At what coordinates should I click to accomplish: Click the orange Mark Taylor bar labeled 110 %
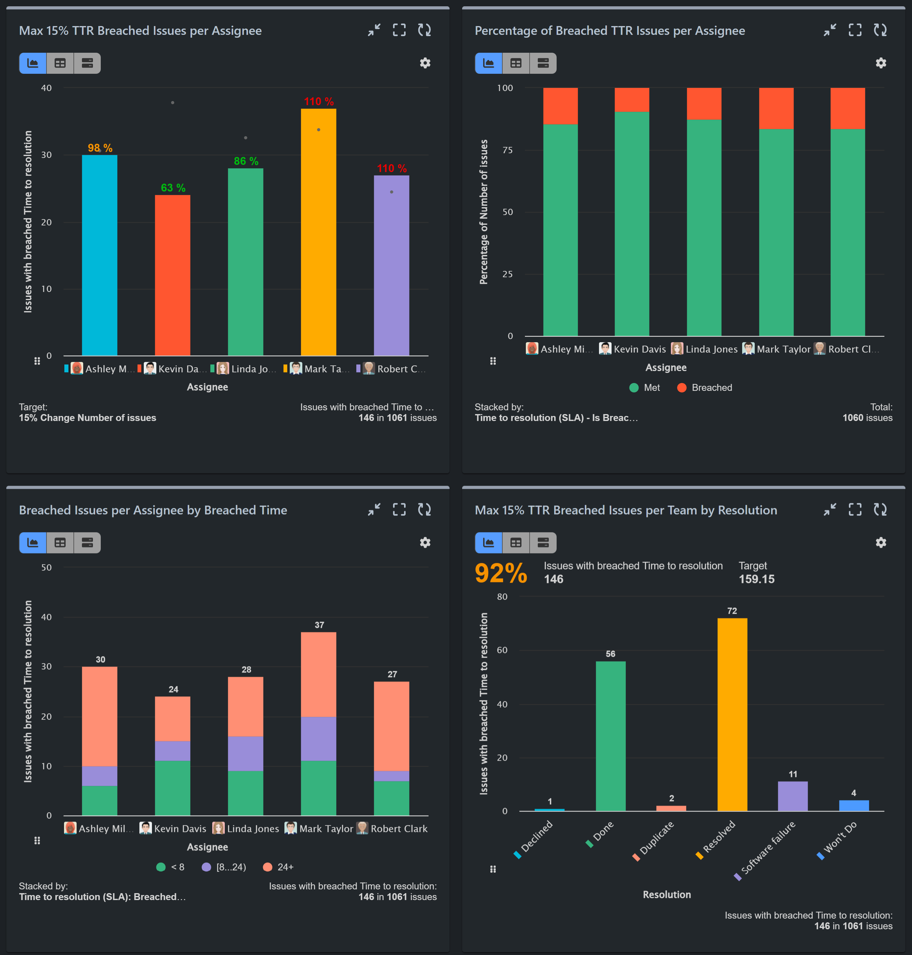pyautogui.click(x=318, y=233)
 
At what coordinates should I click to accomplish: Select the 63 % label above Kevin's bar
pyautogui.click(x=173, y=188)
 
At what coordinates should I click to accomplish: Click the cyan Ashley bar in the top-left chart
pyautogui.click(x=100, y=255)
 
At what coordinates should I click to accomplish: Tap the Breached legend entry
pyautogui.click(x=704, y=387)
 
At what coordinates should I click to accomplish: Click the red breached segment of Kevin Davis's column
pyautogui.click(x=632, y=100)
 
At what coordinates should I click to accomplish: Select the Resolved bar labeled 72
pyautogui.click(x=732, y=715)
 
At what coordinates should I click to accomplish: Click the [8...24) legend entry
pyautogui.click(x=224, y=867)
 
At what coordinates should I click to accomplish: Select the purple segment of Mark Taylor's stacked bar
pyautogui.click(x=318, y=739)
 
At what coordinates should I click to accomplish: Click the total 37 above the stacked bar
pyautogui.click(x=319, y=625)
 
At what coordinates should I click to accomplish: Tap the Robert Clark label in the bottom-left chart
pyautogui.click(x=399, y=828)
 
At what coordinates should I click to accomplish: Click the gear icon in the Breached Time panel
pyautogui.click(x=425, y=543)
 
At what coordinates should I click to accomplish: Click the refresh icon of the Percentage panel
pyautogui.click(x=880, y=30)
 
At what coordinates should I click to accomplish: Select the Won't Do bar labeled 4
pyautogui.click(x=853, y=806)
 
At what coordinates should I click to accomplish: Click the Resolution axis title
pyautogui.click(x=666, y=895)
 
